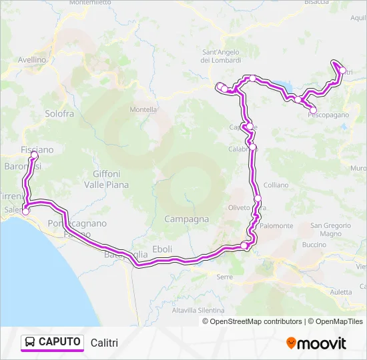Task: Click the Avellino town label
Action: (31, 59)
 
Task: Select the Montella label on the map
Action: (143, 109)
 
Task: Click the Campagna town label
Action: (186, 219)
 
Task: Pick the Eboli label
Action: (162, 249)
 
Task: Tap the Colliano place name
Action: (276, 185)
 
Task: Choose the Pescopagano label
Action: (328, 115)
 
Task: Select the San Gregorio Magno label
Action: (326, 229)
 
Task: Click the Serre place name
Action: (225, 277)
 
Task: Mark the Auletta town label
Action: (340, 291)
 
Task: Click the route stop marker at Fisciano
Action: (34, 155)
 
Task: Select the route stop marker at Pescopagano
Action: (313, 109)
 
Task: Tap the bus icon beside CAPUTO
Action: (30, 342)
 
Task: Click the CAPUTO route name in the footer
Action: (60, 342)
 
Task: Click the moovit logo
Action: (316, 343)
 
